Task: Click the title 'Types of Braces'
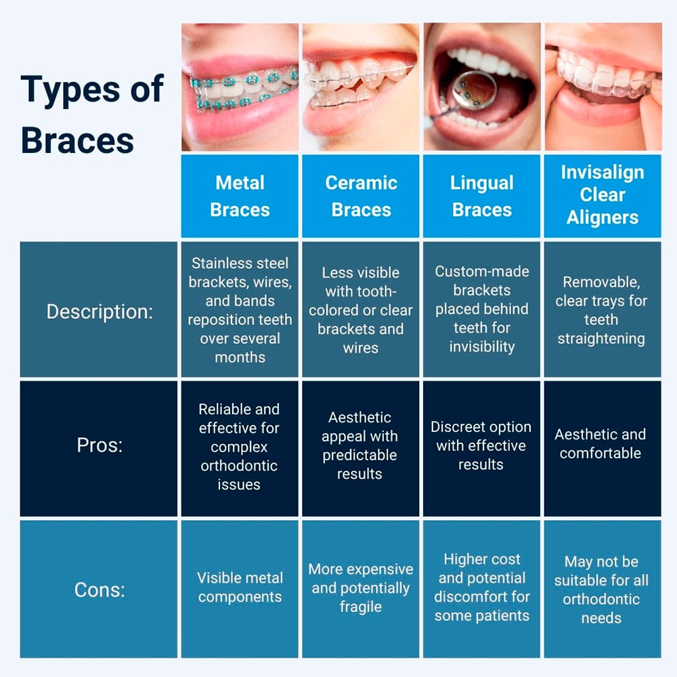91,114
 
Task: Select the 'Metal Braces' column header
240,196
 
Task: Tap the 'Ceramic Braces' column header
361,196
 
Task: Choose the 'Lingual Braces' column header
481,196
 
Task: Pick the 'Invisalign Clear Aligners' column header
603,195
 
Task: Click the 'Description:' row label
100,311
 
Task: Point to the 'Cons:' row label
100,589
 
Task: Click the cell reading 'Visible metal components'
240,588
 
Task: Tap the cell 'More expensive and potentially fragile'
361,588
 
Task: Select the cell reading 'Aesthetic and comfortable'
600,443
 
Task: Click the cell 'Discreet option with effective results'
481,445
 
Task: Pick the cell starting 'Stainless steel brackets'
240,309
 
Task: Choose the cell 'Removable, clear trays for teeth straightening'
601,310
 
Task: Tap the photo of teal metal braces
240,87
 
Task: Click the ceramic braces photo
361,87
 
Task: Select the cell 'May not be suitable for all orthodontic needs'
601,589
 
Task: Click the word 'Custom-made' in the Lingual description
481,271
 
